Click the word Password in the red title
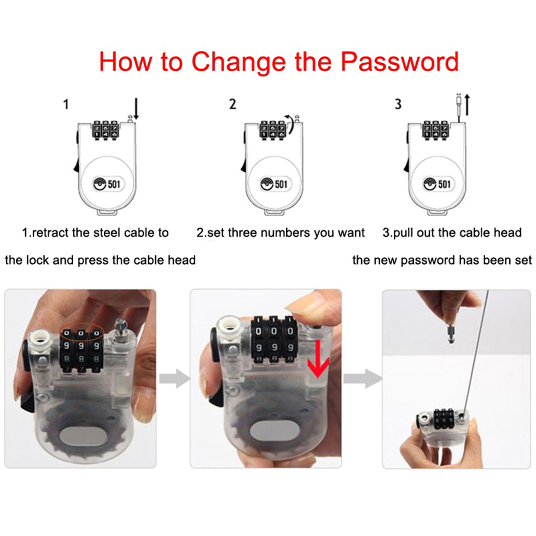(400, 62)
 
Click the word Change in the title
(238, 62)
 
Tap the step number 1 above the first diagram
(66, 104)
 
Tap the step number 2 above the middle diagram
(233, 104)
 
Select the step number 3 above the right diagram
(398, 104)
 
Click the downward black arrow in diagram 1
(136, 109)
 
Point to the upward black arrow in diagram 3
(468, 105)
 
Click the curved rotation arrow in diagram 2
(290, 125)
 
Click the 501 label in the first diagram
(114, 184)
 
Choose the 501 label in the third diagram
(445, 184)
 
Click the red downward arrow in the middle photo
(318, 360)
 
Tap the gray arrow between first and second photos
(174, 378)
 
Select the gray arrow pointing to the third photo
(363, 378)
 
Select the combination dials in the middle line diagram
(272, 129)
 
